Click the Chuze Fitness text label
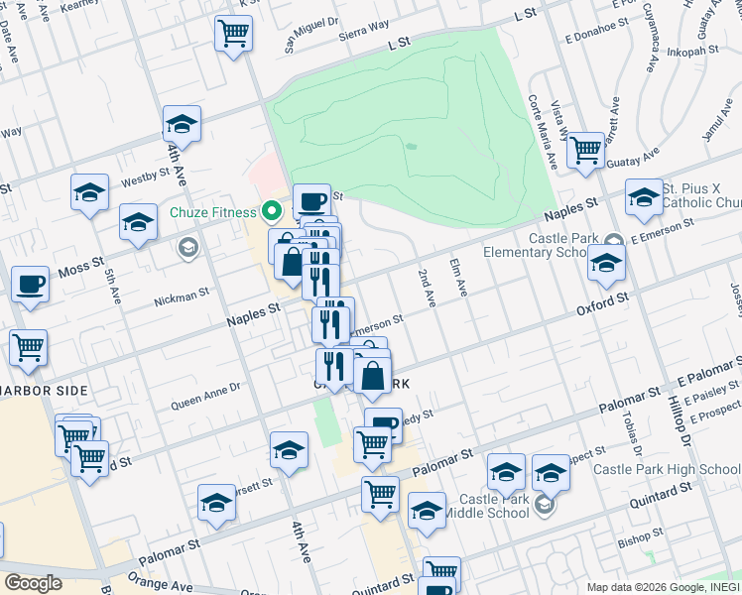click(x=212, y=212)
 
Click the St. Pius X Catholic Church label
click(x=702, y=195)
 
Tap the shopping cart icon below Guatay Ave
click(x=586, y=150)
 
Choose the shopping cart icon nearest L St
click(x=233, y=34)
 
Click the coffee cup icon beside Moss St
click(x=31, y=285)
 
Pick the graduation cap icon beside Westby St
click(x=89, y=191)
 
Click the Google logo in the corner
click(x=33, y=583)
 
